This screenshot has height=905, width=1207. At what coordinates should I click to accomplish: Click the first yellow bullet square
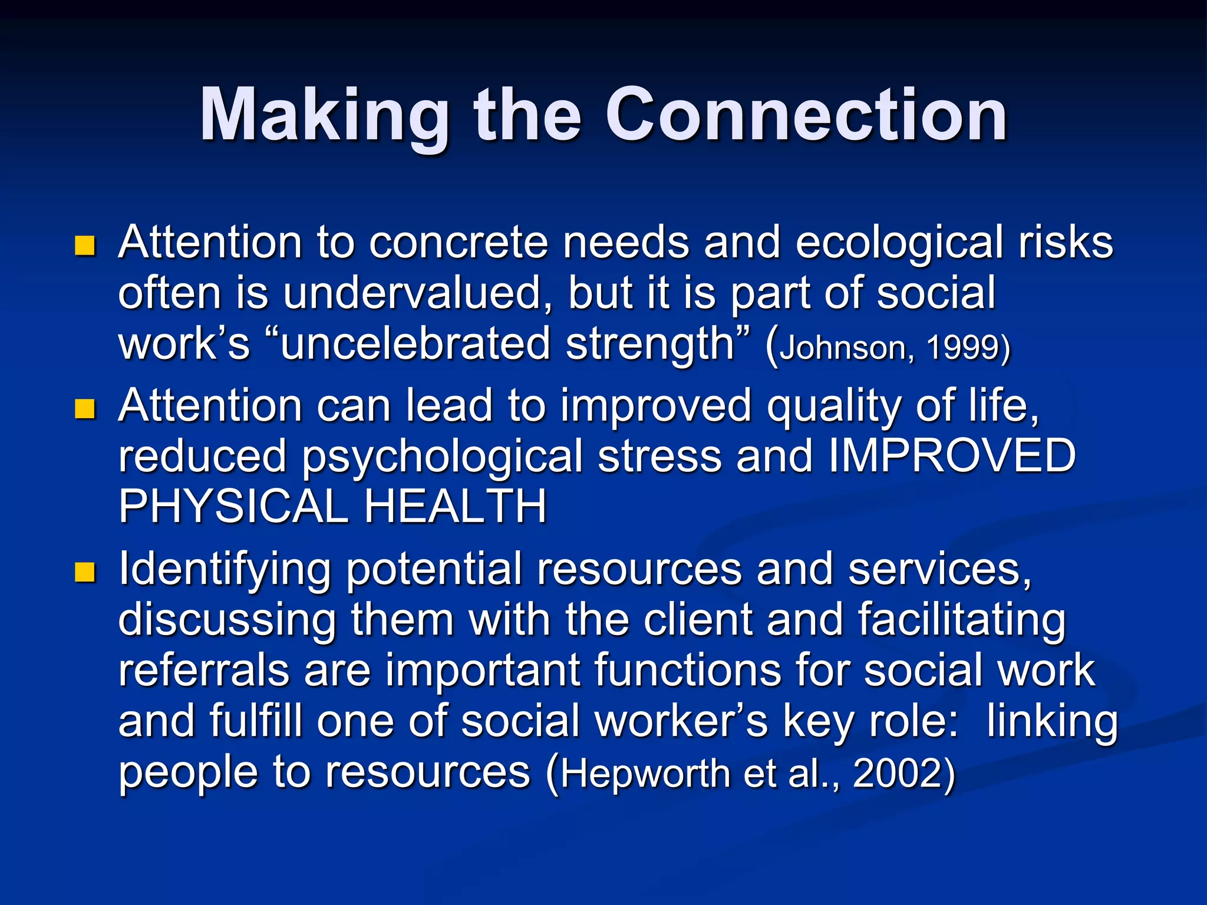tap(85, 246)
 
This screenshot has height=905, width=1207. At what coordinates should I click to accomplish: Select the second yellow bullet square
tap(85, 408)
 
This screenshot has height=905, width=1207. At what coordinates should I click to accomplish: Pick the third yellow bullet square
tap(85, 572)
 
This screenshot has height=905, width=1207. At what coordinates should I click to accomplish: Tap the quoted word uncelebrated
tap(415, 344)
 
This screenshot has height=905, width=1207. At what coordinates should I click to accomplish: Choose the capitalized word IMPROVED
tap(952, 456)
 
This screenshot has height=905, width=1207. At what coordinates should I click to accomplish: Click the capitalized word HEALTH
tap(455, 507)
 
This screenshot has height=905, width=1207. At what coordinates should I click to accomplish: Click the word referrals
tap(203, 671)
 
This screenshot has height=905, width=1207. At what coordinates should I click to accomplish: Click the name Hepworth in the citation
tap(645, 774)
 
